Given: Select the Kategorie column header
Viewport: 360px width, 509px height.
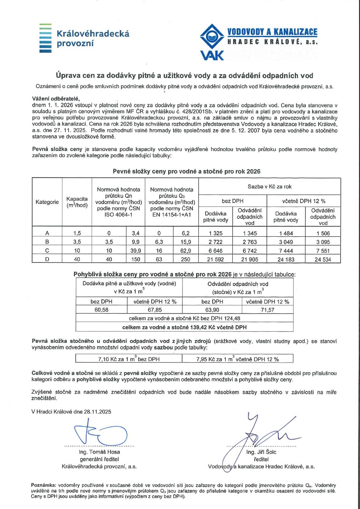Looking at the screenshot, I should (47, 202).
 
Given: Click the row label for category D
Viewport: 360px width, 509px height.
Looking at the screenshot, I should (47, 259).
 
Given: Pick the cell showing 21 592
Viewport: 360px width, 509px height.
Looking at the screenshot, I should (215, 259).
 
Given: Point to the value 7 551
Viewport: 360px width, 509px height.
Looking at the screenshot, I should (323, 251).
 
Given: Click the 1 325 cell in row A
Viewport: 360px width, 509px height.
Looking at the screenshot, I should (215, 233).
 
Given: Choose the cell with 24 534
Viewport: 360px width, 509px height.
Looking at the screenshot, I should (323, 259).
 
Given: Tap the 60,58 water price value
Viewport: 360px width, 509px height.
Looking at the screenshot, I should (102, 310).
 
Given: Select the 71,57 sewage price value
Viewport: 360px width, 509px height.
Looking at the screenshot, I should (267, 310).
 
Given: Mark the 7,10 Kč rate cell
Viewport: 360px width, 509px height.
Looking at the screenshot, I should (129, 359).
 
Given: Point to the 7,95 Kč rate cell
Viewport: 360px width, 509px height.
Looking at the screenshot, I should (237, 359).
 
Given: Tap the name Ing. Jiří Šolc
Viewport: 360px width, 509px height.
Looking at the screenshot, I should (261, 452).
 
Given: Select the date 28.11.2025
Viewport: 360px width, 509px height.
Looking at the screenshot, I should (98, 412).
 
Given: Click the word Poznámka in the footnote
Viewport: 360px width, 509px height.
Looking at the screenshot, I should (43, 485).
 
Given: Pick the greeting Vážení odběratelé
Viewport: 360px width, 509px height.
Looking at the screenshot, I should (56, 99).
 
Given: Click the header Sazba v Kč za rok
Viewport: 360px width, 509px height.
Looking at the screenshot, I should (270, 187).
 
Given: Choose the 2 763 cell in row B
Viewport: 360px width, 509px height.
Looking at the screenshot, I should (250, 242).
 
